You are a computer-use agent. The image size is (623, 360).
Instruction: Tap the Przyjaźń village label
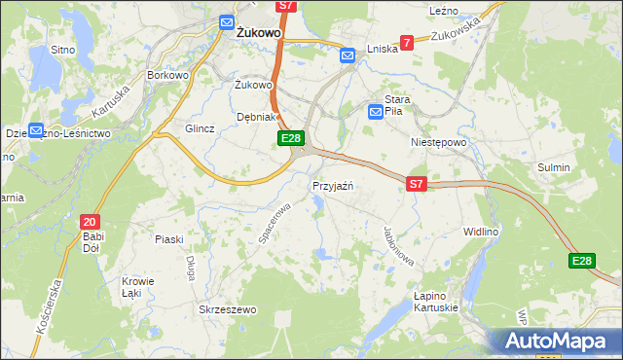click(332, 185)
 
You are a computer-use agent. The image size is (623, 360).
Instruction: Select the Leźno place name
click(444, 10)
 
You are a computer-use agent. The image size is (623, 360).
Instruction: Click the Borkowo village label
click(165, 74)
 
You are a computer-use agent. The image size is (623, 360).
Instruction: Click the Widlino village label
click(481, 232)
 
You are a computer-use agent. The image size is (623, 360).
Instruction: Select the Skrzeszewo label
click(226, 309)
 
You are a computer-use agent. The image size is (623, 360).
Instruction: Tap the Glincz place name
click(200, 128)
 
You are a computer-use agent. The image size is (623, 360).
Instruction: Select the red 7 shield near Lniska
click(406, 42)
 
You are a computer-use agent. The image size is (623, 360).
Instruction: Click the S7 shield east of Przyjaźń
click(417, 183)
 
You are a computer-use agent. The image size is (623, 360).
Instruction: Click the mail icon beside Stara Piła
click(376, 113)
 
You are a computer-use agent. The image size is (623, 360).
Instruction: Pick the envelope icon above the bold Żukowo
click(227, 21)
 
